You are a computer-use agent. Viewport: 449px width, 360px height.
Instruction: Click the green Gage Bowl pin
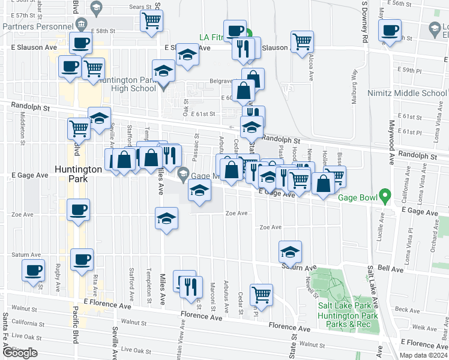[385, 196]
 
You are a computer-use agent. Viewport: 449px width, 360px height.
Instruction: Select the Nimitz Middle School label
[408, 93]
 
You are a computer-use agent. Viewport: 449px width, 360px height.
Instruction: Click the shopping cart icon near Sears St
[152, 20]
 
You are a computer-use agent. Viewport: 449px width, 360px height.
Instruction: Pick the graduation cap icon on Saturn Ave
[291, 251]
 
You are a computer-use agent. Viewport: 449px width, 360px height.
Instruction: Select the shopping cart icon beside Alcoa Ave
[303, 41]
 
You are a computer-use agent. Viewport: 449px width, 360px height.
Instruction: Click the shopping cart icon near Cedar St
[262, 294]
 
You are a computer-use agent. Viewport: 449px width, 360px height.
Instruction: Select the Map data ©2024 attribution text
[423, 355]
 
